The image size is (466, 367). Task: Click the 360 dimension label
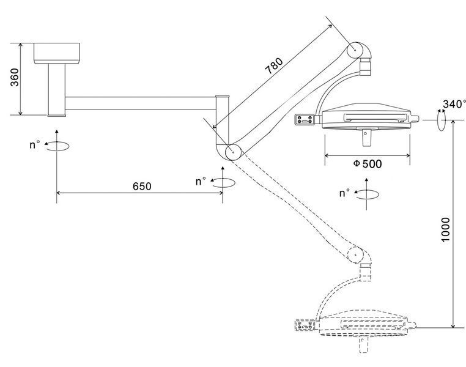(15, 78)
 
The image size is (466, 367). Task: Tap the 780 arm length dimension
(274, 65)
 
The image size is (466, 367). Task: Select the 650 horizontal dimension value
(142, 187)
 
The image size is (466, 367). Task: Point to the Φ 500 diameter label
(368, 164)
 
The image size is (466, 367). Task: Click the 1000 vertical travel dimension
(445, 230)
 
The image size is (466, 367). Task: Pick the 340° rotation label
(454, 104)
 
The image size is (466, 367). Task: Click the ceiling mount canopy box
(56, 53)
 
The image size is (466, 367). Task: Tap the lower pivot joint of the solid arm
(233, 152)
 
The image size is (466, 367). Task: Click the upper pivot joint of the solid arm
(355, 50)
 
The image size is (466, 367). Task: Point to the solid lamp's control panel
(305, 120)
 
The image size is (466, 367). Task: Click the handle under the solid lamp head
(367, 137)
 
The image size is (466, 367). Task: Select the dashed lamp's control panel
(305, 325)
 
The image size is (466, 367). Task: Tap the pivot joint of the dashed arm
(355, 254)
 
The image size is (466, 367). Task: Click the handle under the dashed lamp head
(363, 344)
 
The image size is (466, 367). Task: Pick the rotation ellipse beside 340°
(442, 119)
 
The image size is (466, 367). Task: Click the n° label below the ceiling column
(35, 145)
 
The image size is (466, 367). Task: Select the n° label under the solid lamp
(344, 193)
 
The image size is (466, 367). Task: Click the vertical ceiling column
(56, 90)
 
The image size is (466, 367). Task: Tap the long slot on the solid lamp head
(375, 117)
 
